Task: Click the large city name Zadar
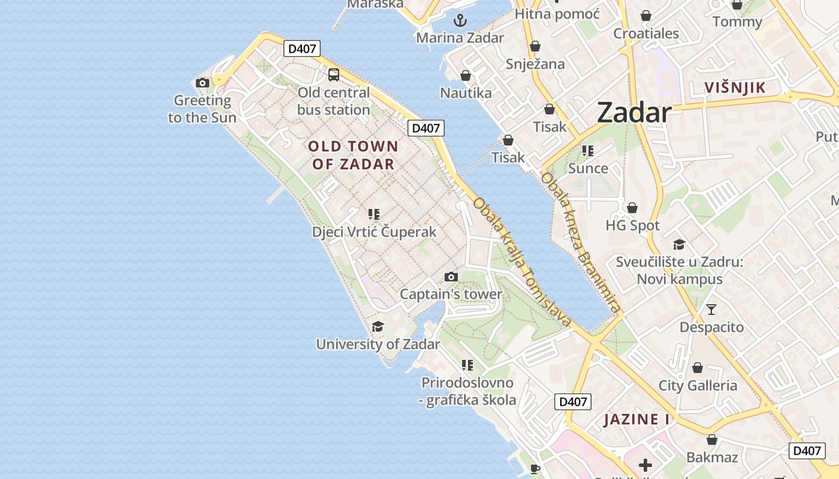pyautogui.click(x=634, y=113)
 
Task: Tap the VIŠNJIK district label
pyautogui.click(x=735, y=88)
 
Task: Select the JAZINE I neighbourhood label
pyautogui.click(x=636, y=419)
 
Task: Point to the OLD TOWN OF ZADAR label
pyautogui.click(x=353, y=155)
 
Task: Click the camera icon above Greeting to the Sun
pyautogui.click(x=203, y=83)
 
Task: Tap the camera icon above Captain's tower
pyautogui.click(x=451, y=277)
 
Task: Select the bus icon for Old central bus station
pyautogui.click(x=334, y=75)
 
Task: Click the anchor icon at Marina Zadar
pyautogui.click(x=460, y=21)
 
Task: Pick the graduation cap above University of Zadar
pyautogui.click(x=378, y=327)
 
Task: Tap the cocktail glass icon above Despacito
pyautogui.click(x=711, y=310)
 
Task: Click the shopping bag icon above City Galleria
pyautogui.click(x=698, y=368)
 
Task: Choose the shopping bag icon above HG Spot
pyautogui.click(x=632, y=208)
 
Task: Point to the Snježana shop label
pyautogui.click(x=535, y=64)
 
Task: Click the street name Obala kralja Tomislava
pyautogui.click(x=521, y=262)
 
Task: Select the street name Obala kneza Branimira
pyautogui.click(x=580, y=242)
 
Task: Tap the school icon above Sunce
pyautogui.click(x=588, y=151)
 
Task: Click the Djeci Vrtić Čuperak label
pyautogui.click(x=374, y=232)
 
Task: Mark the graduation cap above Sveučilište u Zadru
pyautogui.click(x=679, y=245)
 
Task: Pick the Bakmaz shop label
pyautogui.click(x=712, y=457)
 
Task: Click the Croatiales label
pyautogui.click(x=646, y=34)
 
